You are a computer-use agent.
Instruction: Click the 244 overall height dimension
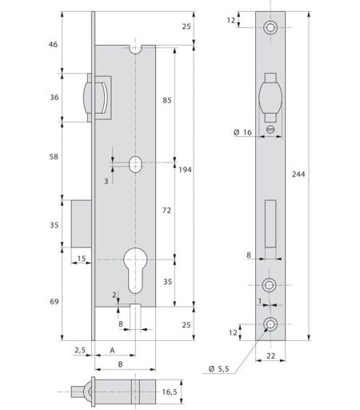click(298, 174)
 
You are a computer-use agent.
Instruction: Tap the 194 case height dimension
click(185, 170)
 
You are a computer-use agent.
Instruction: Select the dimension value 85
click(167, 100)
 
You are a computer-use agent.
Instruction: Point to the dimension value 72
click(166, 211)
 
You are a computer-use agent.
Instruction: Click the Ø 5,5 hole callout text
click(219, 369)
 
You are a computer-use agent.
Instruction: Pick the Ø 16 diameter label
click(242, 132)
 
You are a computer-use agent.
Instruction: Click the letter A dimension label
click(112, 350)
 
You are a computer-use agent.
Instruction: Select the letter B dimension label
click(121, 364)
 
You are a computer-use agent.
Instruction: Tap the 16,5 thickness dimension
click(170, 392)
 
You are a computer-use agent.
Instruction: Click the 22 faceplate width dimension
click(270, 356)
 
